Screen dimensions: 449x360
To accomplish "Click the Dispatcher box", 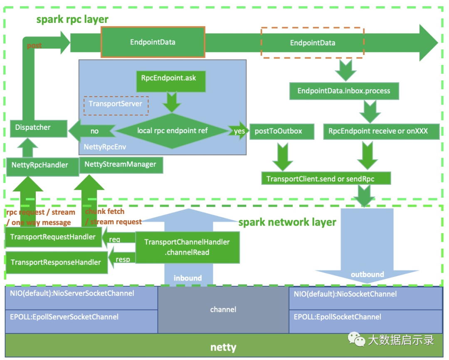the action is [39, 129].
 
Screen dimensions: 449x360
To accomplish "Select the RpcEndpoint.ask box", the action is [171, 82].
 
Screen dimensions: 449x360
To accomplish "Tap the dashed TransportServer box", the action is [116, 106].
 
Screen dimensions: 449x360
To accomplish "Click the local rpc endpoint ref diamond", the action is [172, 131].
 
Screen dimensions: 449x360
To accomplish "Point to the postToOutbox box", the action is [282, 132].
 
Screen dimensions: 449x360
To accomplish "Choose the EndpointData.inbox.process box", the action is [344, 91].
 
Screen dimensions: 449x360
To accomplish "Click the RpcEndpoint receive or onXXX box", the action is [381, 132].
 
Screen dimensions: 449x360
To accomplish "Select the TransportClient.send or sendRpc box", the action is [326, 178].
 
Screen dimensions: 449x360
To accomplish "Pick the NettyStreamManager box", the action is [121, 165].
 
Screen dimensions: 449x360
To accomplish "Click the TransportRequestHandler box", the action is [54, 237].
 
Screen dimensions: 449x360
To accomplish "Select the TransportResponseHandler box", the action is [57, 263].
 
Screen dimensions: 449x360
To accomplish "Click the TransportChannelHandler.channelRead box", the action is [187, 247].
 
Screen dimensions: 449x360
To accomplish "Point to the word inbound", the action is [187, 278].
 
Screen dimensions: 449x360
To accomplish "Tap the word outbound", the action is [368, 275].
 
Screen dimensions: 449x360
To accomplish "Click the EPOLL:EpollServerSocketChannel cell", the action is [81, 321].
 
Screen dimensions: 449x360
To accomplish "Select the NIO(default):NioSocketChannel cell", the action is [366, 298].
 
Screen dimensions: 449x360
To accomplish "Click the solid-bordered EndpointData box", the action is [153, 42].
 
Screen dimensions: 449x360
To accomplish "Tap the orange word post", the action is [35, 46].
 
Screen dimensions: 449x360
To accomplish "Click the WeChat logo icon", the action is [357, 339].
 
